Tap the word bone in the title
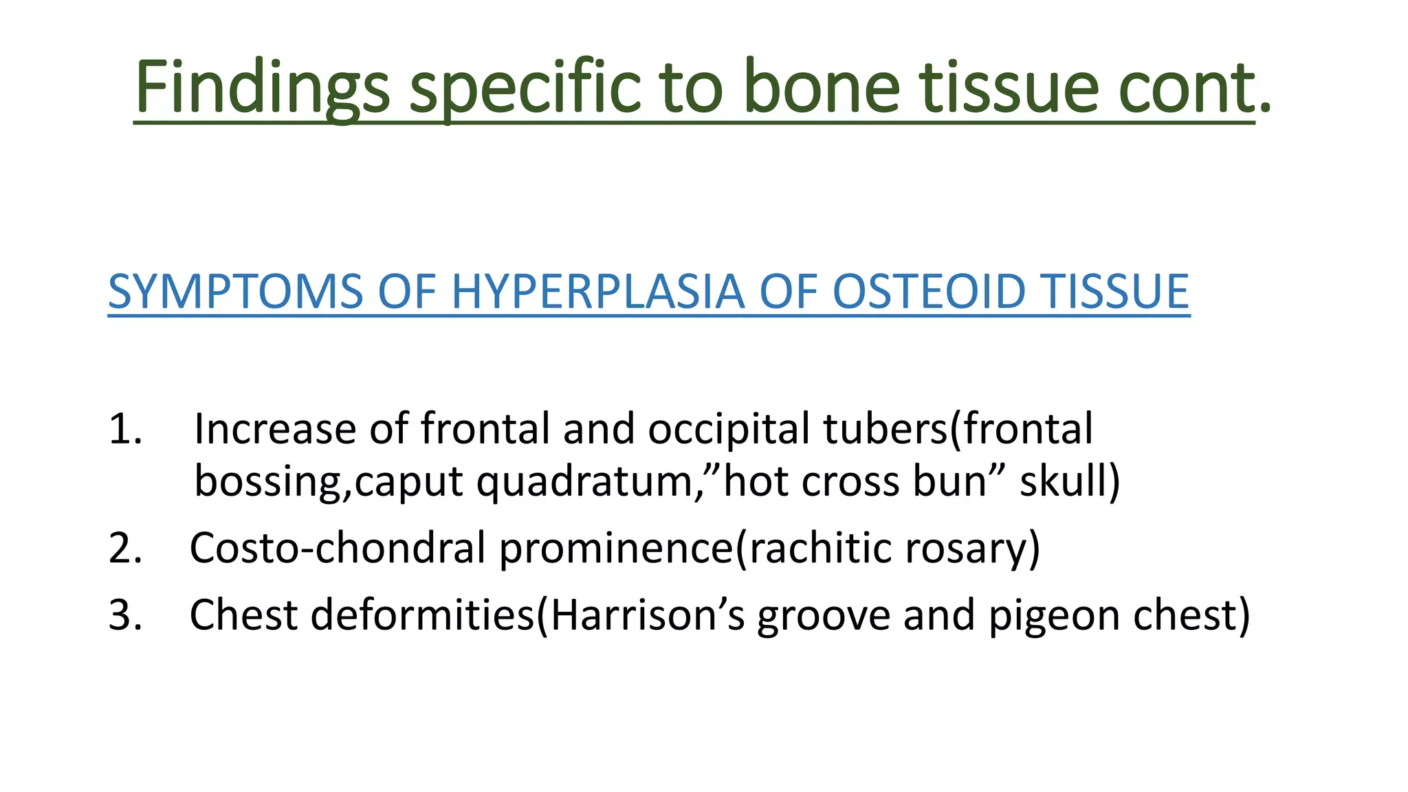tap(822, 87)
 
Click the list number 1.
tap(125, 429)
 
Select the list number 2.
tap(125, 548)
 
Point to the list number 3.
tap(125, 615)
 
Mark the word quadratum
tap(584, 481)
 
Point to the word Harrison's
tap(647, 615)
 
